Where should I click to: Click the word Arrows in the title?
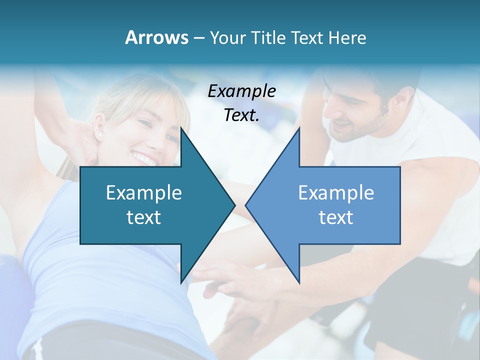(x=156, y=37)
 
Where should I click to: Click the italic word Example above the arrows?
(x=242, y=91)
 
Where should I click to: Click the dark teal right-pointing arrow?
(x=150, y=205)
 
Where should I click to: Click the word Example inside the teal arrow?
(x=144, y=192)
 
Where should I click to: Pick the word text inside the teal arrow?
(x=144, y=217)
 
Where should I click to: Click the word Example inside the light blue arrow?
(x=336, y=192)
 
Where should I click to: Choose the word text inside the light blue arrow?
(x=336, y=217)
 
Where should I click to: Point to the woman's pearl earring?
(x=98, y=135)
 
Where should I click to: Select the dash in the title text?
(x=198, y=37)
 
